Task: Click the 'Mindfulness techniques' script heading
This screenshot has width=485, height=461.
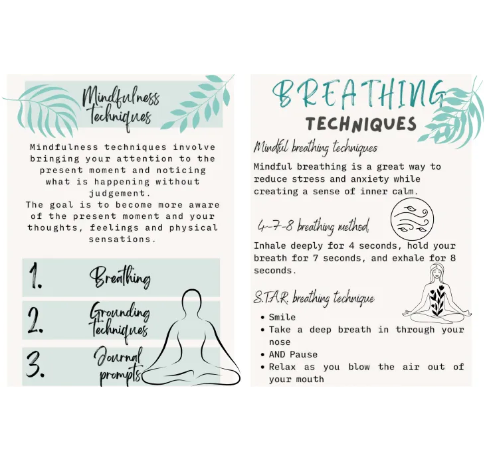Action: pos(120,107)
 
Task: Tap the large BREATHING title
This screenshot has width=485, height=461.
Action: pos(359,94)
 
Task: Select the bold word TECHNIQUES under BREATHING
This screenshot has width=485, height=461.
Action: pos(361,124)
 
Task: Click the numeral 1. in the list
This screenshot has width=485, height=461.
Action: pos(35,278)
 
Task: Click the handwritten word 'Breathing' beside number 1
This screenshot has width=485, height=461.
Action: pos(120,277)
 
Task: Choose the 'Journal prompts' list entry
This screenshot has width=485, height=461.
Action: pos(118,365)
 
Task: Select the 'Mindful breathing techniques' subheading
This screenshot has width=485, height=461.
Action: pos(315,147)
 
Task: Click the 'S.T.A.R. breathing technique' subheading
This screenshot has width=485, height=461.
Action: pos(314,298)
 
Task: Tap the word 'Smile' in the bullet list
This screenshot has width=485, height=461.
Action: pos(282,317)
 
